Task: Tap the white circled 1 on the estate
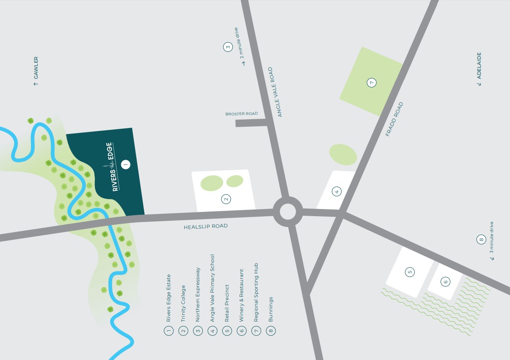(x=125, y=164)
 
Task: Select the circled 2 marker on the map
(x=226, y=199)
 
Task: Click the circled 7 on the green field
(x=371, y=82)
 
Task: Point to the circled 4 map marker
(x=337, y=192)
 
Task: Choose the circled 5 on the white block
(x=410, y=272)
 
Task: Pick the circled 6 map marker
(x=446, y=282)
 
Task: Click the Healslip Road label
(x=206, y=227)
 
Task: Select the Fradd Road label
(x=394, y=119)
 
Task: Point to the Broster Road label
(x=241, y=114)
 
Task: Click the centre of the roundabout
(x=288, y=211)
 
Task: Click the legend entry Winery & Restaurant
(x=241, y=295)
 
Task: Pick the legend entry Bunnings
(x=271, y=309)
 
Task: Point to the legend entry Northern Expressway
(x=198, y=294)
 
